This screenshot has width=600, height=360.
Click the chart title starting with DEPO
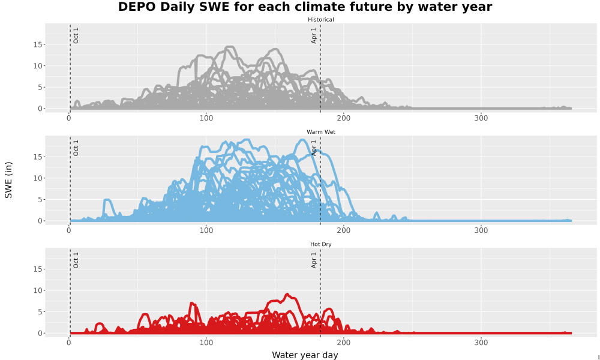coord(305,7)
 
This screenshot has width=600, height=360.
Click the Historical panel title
coord(320,20)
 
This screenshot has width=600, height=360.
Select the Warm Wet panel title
coord(320,132)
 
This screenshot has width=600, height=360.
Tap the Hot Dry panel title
coord(320,244)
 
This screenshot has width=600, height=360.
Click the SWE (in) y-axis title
coord(8,180)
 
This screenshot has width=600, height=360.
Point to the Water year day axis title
coord(305,355)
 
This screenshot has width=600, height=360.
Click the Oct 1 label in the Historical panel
coord(76,35)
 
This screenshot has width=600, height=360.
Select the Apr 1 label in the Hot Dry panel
coord(314,260)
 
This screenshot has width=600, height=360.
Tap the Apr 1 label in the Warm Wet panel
coord(314,148)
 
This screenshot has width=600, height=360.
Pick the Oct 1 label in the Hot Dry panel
coord(76,260)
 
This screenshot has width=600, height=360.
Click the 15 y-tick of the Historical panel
coord(37,44)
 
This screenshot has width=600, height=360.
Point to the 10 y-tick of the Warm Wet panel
coord(37,178)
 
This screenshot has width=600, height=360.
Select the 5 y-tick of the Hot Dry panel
coord(40,312)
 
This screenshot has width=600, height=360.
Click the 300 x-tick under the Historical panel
coord(481,118)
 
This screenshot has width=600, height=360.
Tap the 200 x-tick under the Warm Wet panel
coord(344,230)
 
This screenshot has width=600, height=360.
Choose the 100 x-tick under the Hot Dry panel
coord(206,343)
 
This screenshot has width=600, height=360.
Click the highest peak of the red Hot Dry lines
coord(287,294)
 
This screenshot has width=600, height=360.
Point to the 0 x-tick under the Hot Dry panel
coord(69,343)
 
